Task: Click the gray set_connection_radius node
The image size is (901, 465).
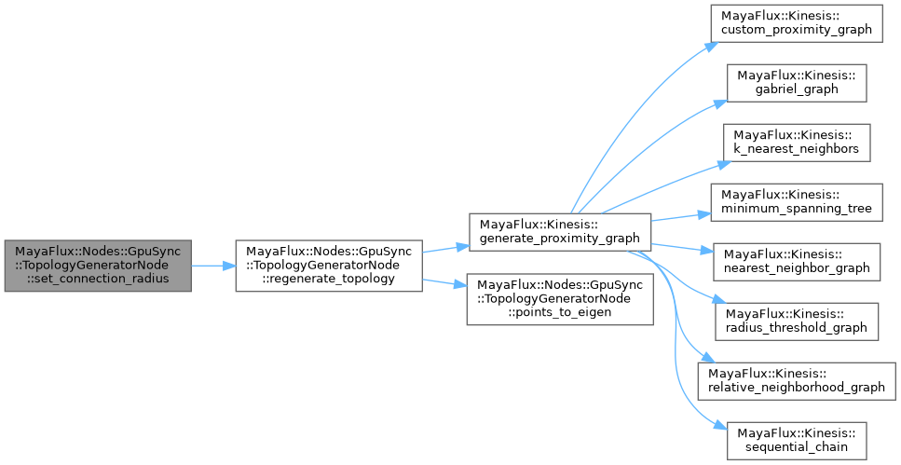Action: pyautogui.click(x=98, y=265)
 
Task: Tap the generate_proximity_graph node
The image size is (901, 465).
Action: pyautogui.click(x=559, y=230)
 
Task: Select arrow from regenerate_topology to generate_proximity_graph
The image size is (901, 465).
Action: pyautogui.click(x=444, y=248)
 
